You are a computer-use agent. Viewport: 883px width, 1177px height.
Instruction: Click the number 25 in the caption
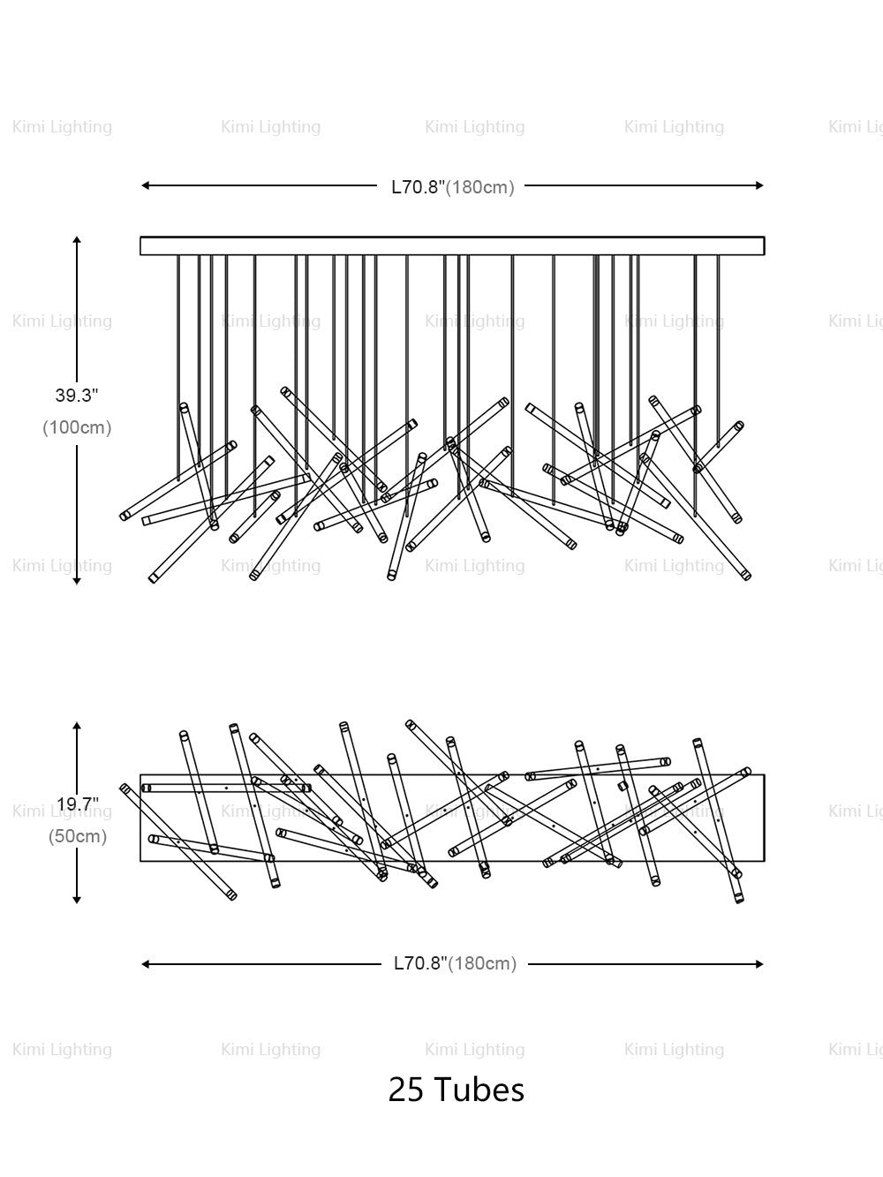coord(405,1090)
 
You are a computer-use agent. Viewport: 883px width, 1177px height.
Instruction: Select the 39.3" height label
coord(77,396)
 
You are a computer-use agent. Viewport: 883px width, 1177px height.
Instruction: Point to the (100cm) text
coord(78,427)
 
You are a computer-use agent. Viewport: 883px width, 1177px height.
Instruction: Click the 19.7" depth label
coord(78,804)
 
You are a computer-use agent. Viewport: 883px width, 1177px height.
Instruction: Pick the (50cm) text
coord(78,836)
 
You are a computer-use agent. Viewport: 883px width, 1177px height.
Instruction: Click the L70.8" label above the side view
coord(419,187)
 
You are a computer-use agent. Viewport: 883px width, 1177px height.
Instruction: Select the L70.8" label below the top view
coord(421,963)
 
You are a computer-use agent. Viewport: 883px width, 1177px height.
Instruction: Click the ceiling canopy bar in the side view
coord(452,245)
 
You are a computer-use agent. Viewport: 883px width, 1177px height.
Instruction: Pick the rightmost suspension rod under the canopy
coord(718,353)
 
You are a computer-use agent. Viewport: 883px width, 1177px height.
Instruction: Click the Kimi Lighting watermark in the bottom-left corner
coord(62,1050)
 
